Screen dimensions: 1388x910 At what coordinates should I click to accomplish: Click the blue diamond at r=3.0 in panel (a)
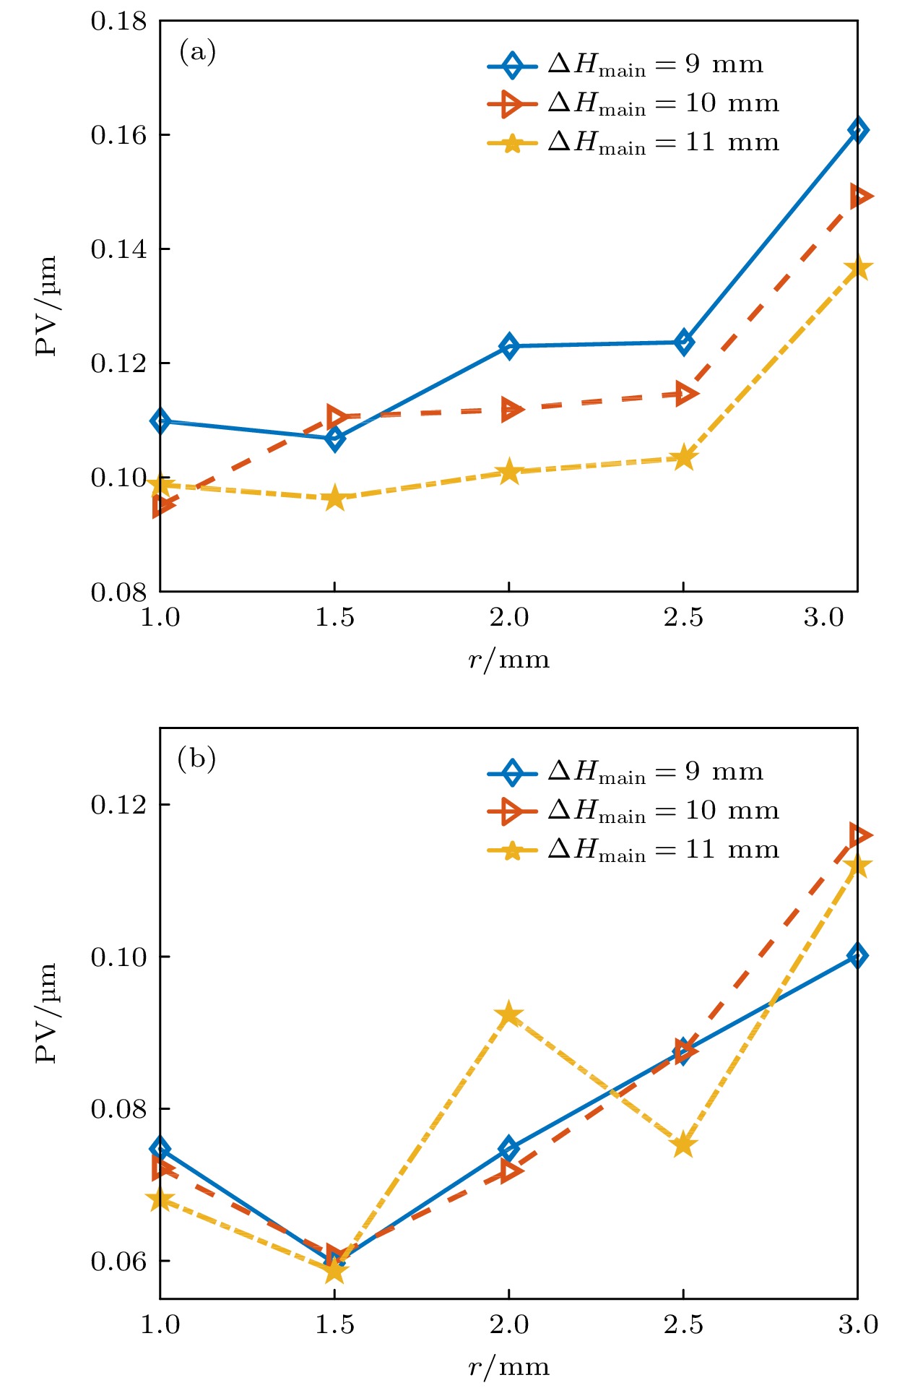857,130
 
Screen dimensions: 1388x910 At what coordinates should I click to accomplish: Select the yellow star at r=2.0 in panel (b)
509,1014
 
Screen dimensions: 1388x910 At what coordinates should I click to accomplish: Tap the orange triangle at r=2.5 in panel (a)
685,394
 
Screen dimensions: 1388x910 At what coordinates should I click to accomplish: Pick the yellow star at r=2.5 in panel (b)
683,1145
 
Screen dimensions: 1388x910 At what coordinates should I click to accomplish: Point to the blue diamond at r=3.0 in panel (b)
857,955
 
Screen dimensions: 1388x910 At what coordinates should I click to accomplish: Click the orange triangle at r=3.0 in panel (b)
859,835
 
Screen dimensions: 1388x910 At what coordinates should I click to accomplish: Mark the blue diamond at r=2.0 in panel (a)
509,346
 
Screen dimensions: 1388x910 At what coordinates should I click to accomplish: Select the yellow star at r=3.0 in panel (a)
858,269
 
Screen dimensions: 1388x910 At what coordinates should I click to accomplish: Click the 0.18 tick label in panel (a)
118,22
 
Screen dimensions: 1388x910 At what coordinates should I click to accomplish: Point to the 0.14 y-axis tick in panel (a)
118,249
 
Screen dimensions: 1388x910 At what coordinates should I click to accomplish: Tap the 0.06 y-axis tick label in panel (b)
118,1261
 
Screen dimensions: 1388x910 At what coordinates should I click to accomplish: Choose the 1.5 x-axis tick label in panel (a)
334,618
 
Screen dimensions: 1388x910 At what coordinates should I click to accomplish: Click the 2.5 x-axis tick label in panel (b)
683,1324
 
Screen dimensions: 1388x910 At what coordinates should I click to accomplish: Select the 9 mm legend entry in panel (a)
625,65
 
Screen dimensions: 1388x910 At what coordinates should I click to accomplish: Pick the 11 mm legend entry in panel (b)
633,850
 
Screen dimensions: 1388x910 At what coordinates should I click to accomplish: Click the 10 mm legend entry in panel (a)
633,104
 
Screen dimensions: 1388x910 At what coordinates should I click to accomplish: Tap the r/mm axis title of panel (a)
508,660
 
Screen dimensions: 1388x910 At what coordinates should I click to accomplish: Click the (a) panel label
197,52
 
